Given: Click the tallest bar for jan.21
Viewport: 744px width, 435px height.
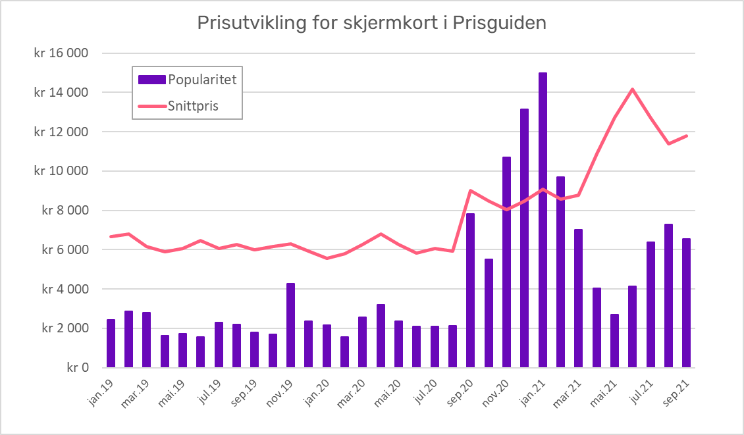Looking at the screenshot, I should pos(543,220).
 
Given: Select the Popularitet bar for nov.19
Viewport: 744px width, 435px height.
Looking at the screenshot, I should pos(290,325).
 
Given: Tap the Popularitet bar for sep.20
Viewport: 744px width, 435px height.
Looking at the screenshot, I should pos(470,290).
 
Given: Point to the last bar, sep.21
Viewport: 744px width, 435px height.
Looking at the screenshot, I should pos(686,303).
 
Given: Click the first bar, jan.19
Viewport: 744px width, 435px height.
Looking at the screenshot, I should pos(111,344).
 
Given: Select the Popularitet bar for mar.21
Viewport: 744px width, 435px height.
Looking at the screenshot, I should pos(578,298).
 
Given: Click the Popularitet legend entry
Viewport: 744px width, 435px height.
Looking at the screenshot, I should pos(186,80).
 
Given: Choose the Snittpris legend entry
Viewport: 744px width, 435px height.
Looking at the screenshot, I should pos(186,105).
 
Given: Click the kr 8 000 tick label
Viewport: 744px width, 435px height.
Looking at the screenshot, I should pos(65,211).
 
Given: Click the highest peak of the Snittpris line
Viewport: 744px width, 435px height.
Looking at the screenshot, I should pos(632,89).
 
